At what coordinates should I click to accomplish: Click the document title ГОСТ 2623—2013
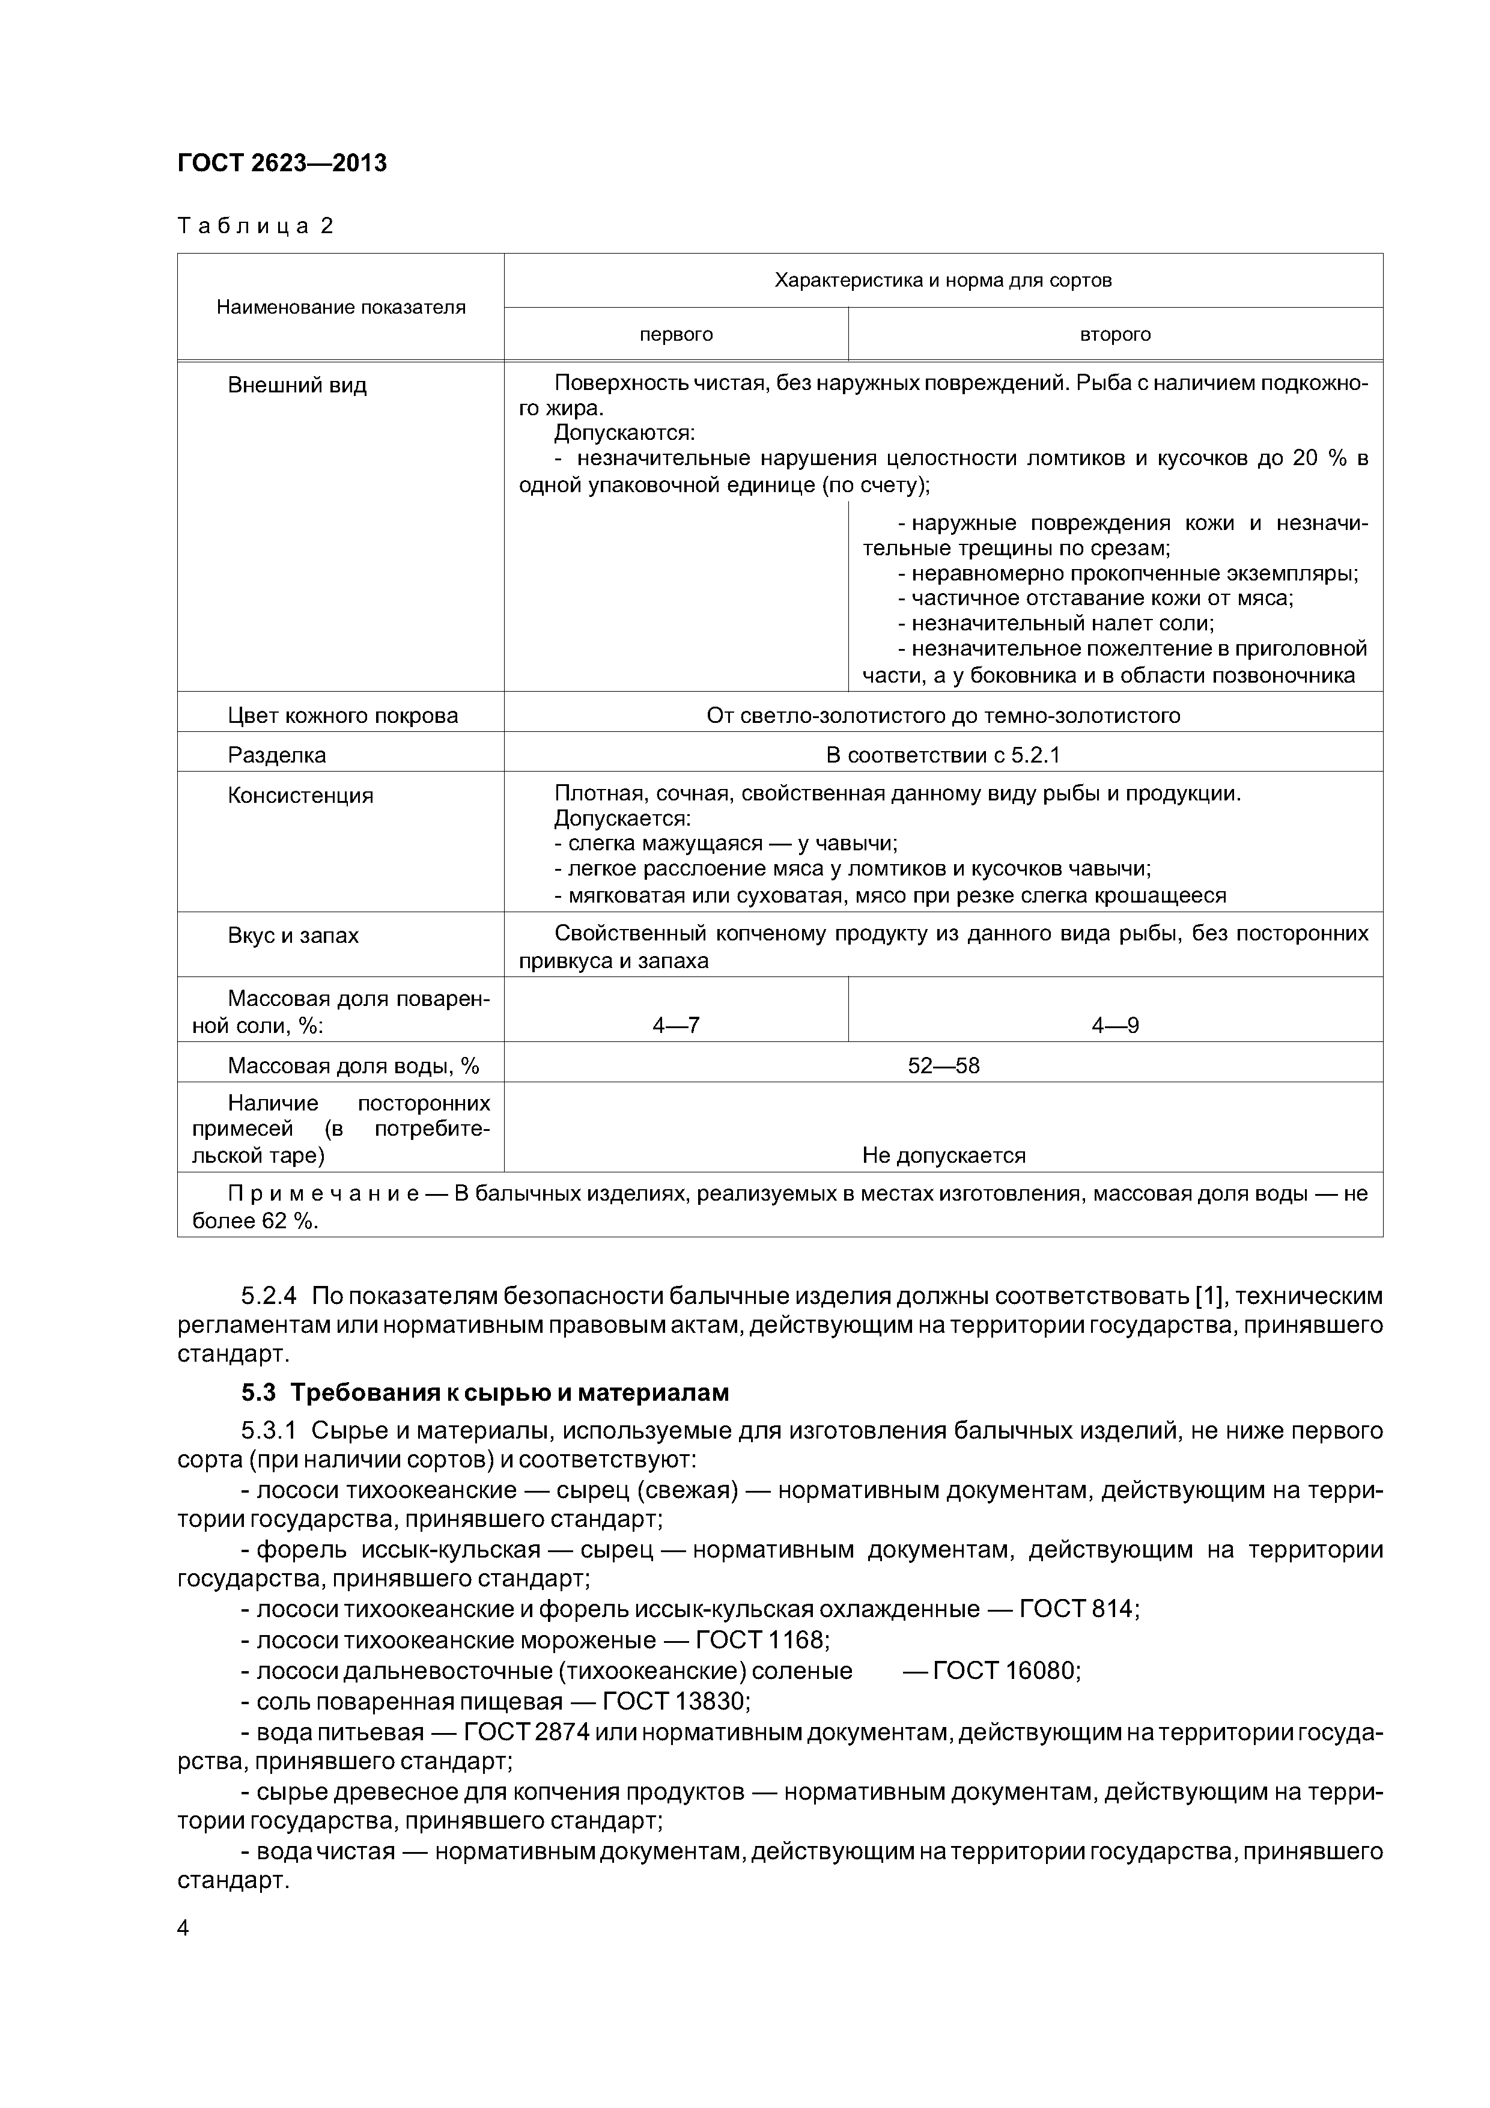click(x=282, y=163)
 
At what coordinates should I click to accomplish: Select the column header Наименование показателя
click(x=341, y=308)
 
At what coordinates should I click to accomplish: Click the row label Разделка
click(x=276, y=755)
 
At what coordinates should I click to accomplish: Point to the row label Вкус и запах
click(x=293, y=936)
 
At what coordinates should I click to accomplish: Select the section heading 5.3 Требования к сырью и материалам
click(x=485, y=1393)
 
